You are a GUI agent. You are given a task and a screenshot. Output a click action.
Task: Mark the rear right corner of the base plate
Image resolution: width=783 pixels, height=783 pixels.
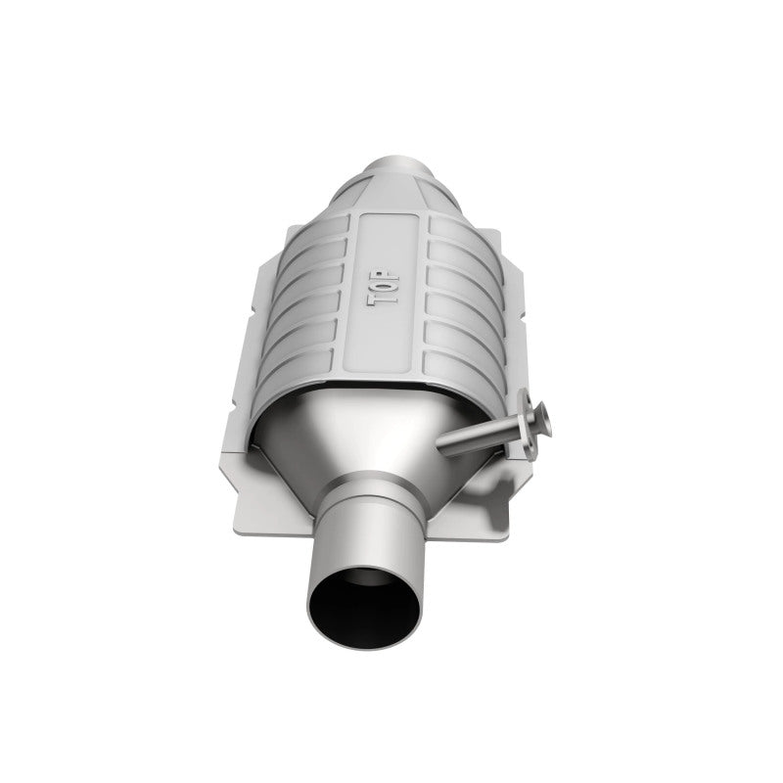coord(494,240)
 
